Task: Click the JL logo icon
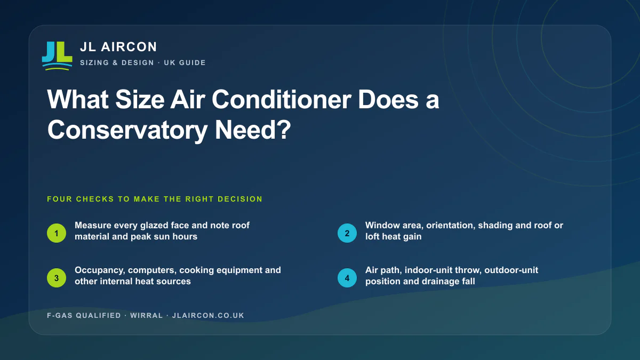point(57,56)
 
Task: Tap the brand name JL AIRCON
point(118,47)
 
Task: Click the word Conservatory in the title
point(127,130)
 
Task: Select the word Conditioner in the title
point(282,100)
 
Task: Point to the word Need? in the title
point(253,130)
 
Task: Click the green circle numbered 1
point(57,233)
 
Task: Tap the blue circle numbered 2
point(347,233)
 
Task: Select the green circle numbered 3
point(57,278)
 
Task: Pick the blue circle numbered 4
point(347,278)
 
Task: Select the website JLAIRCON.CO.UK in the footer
point(209,315)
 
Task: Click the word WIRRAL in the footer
point(147,315)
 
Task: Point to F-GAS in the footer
point(60,315)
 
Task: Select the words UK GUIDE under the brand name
point(185,62)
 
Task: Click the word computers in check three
point(153,270)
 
